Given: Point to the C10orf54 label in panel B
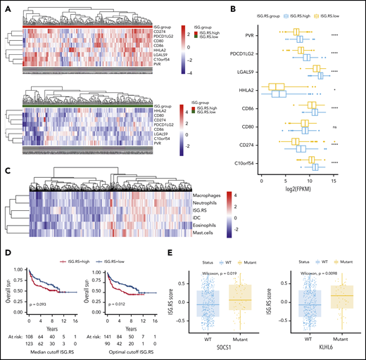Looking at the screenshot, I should coord(241,166).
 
